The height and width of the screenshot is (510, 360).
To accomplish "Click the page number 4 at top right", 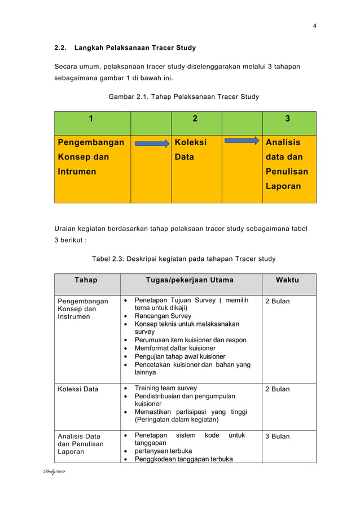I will (315, 25).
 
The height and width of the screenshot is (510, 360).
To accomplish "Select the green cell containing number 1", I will (92, 119).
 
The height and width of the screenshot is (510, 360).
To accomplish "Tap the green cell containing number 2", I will (195, 119).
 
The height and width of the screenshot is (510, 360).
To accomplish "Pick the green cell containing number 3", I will (288, 119).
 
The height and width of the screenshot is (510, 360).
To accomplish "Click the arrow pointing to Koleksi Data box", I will (151, 143).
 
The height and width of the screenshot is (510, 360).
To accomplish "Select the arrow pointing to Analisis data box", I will (242, 141).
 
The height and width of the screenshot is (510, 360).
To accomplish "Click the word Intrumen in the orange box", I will (77, 171).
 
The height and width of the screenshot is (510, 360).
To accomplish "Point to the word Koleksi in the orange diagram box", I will (190, 142).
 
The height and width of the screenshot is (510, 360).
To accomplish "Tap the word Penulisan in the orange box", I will (287, 171).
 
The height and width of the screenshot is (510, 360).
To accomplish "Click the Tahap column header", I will (86, 280).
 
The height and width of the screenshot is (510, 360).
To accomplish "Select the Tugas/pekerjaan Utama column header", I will (190, 280).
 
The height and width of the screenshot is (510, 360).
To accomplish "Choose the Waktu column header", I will (287, 280).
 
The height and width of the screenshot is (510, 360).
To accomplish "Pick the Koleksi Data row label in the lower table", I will (78, 389).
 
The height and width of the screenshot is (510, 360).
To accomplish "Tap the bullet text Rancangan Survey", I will (163, 316).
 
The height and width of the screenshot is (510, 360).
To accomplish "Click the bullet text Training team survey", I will (165, 388).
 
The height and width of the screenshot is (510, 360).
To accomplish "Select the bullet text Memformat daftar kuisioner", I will (175, 348).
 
